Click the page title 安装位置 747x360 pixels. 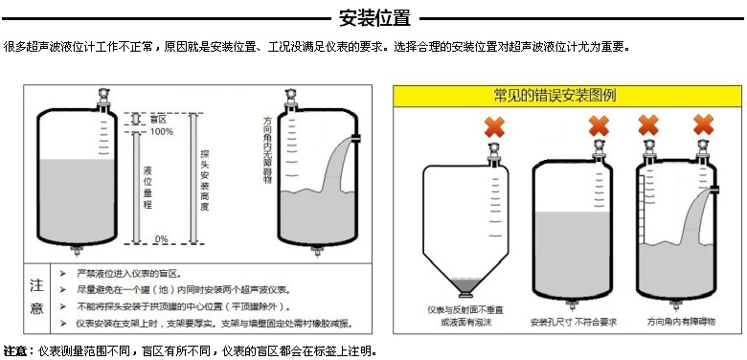373,18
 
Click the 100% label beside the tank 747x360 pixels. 162,131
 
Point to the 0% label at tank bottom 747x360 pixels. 162,239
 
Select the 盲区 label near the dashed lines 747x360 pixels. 158,119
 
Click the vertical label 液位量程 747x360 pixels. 147,187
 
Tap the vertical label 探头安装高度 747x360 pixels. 205,180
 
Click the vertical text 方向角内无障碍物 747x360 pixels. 267,149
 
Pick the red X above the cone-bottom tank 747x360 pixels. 494,127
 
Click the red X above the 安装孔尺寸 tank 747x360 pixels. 599,125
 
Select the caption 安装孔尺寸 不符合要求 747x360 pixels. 574,323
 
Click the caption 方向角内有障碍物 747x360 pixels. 681,322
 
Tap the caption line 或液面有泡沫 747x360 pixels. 466,323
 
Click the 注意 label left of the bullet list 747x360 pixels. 36,297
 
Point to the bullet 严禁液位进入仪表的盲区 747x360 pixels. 129,274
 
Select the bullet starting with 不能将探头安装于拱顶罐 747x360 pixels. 184,306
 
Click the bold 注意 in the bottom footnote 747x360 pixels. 14,352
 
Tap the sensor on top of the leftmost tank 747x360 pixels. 102,99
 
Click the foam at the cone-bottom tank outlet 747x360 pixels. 465,284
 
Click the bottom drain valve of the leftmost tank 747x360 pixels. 77,250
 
